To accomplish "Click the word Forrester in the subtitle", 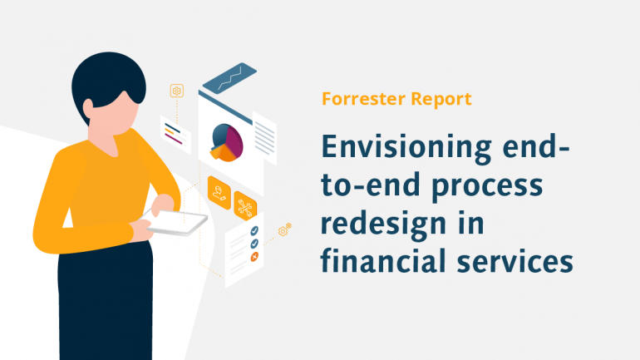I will click(362, 99).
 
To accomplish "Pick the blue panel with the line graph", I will click(229, 77).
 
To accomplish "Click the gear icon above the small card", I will click(176, 91).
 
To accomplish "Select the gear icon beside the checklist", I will click(288, 225).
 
